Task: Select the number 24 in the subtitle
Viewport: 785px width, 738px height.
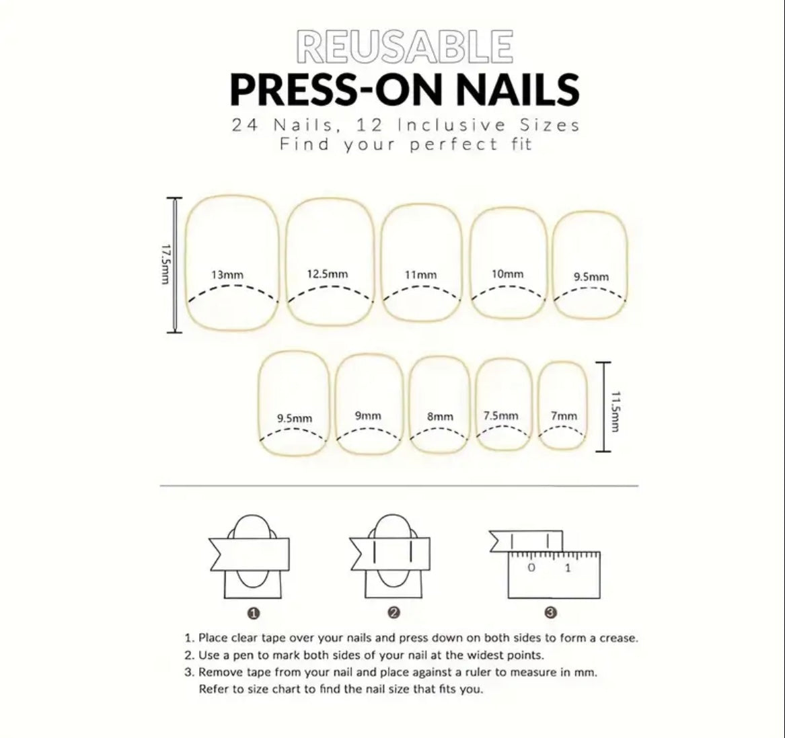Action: click(x=242, y=125)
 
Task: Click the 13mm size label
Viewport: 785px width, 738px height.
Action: click(x=227, y=274)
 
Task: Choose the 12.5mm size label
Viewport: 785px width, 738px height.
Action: click(x=328, y=274)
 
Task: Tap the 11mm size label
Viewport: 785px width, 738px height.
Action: click(x=420, y=274)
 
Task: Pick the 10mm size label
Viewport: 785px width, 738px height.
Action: click(x=507, y=274)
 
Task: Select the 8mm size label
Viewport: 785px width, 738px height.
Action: click(x=440, y=417)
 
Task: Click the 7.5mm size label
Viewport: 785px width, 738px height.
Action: click(x=501, y=415)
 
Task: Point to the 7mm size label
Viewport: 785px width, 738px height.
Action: click(x=564, y=416)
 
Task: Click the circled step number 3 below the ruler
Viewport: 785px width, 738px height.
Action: click(x=551, y=612)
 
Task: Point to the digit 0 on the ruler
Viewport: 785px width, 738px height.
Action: click(x=531, y=568)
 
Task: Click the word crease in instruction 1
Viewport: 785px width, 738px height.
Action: click(x=618, y=638)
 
